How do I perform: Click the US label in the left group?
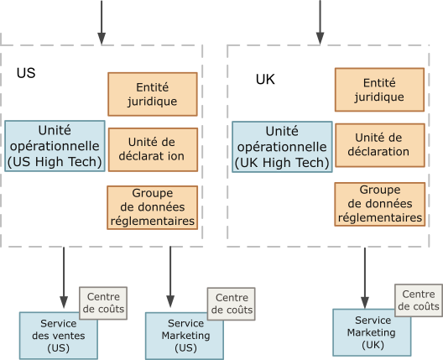(26, 73)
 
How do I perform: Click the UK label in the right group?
(265, 80)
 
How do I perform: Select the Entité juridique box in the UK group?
(379, 89)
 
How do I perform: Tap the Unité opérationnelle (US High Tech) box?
(55, 146)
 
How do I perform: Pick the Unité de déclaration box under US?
(152, 149)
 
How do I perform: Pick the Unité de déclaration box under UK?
(379, 144)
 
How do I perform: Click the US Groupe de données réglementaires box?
(152, 207)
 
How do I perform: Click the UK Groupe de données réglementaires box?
(379, 204)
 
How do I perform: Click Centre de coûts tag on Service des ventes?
(104, 303)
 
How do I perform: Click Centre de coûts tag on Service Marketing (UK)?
(418, 300)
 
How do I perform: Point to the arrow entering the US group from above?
(102, 21)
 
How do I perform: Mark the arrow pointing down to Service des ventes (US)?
(64, 277)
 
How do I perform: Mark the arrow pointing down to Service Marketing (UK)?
(365, 277)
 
